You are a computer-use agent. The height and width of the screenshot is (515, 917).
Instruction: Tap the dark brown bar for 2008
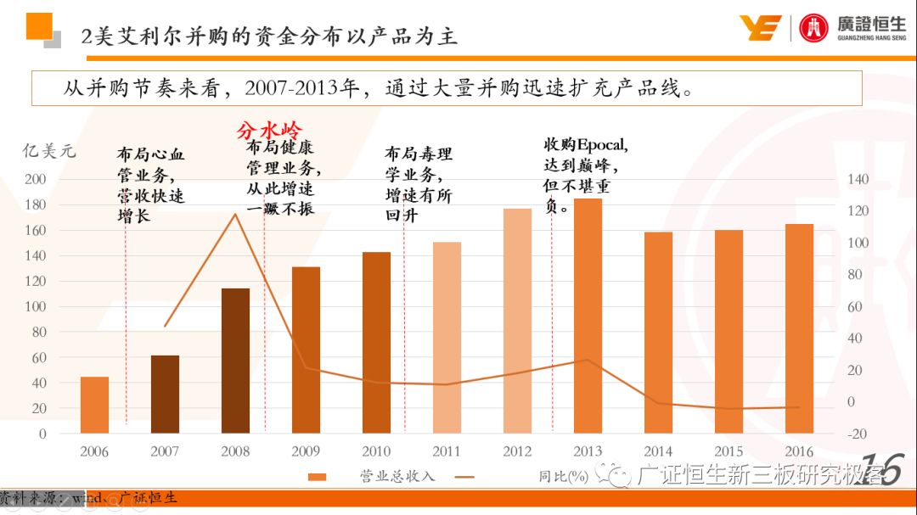point(235,361)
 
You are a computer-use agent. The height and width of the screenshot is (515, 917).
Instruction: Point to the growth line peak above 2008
point(235,214)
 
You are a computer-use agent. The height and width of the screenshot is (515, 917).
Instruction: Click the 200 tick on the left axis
point(36,180)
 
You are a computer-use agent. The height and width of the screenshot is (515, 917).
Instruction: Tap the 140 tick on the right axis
point(858,180)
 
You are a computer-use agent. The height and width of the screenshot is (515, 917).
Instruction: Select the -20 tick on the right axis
point(857,434)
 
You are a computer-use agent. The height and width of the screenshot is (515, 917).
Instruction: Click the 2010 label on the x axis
point(376,451)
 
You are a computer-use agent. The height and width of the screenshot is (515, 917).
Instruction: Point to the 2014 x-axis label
point(658,451)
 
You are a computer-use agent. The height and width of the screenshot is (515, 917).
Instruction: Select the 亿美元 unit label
point(48,152)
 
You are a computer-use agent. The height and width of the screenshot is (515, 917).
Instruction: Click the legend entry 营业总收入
point(397,476)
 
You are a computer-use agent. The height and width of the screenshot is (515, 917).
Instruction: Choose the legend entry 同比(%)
point(563,476)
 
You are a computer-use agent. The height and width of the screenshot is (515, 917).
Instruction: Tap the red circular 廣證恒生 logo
point(813,28)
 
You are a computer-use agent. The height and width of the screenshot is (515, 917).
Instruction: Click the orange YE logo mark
point(759,28)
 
